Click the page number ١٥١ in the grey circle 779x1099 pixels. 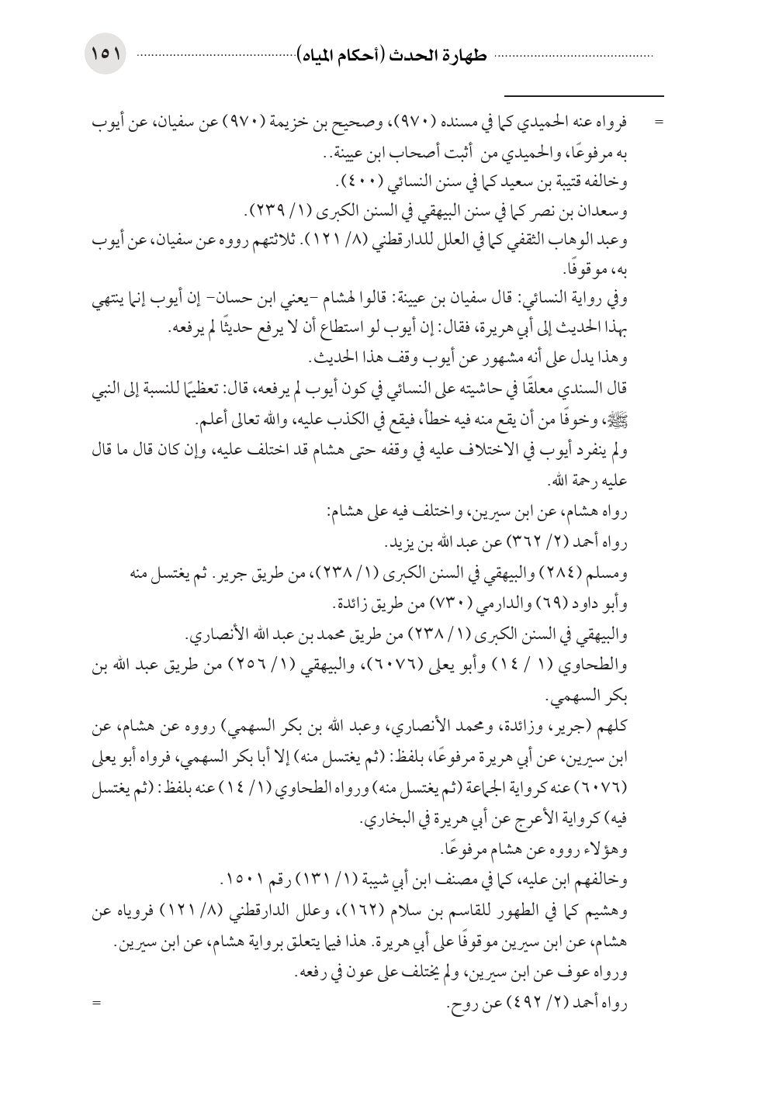pos(104,56)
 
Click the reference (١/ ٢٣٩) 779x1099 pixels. pos(277,211)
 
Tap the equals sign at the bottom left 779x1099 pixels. pos(98,1004)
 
